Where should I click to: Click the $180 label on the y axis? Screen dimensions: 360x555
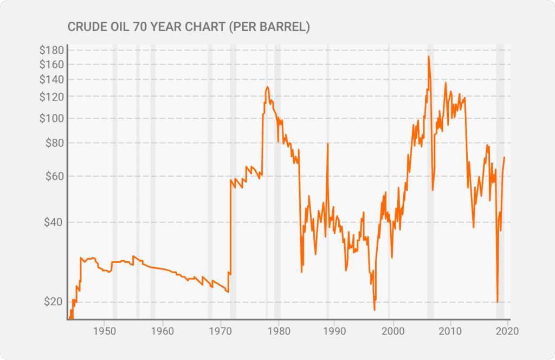(51, 50)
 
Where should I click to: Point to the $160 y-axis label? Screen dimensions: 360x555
(51, 65)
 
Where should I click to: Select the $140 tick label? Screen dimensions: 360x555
(51, 80)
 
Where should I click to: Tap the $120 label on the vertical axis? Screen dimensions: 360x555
(51, 97)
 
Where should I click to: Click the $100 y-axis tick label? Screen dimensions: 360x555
(51, 118)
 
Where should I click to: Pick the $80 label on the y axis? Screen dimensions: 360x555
(54, 143)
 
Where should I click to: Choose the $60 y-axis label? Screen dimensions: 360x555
(54, 176)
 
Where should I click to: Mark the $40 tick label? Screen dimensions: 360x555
(54, 222)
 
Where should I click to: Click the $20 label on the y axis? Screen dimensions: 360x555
(54, 302)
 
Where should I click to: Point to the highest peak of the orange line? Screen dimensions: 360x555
(429, 56)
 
